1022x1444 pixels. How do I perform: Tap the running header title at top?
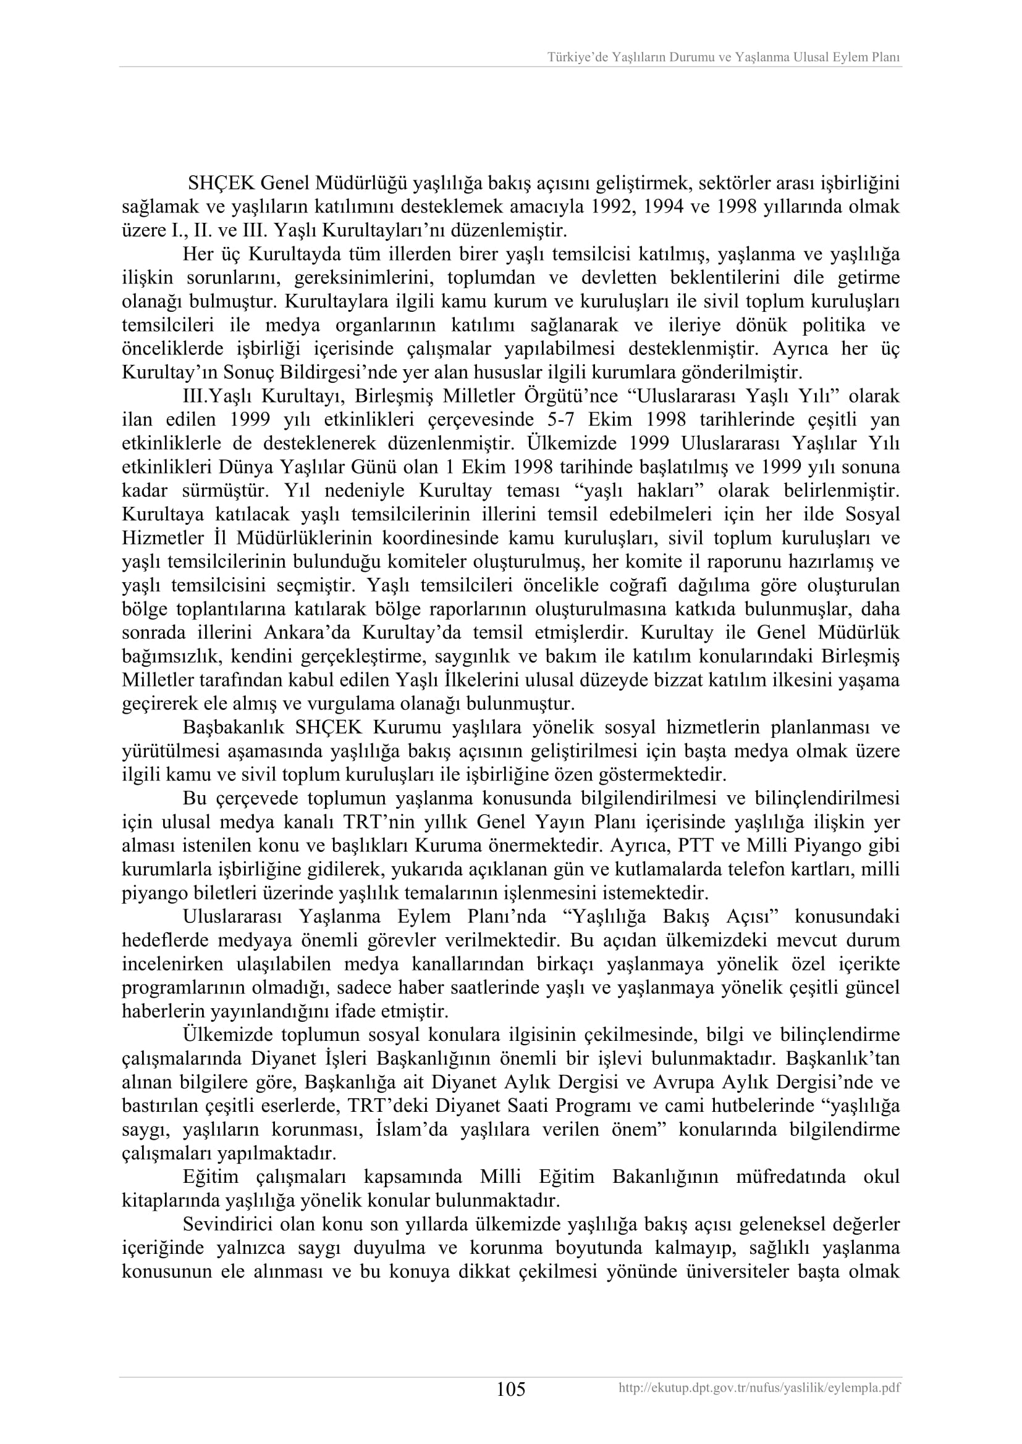pos(723,57)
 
